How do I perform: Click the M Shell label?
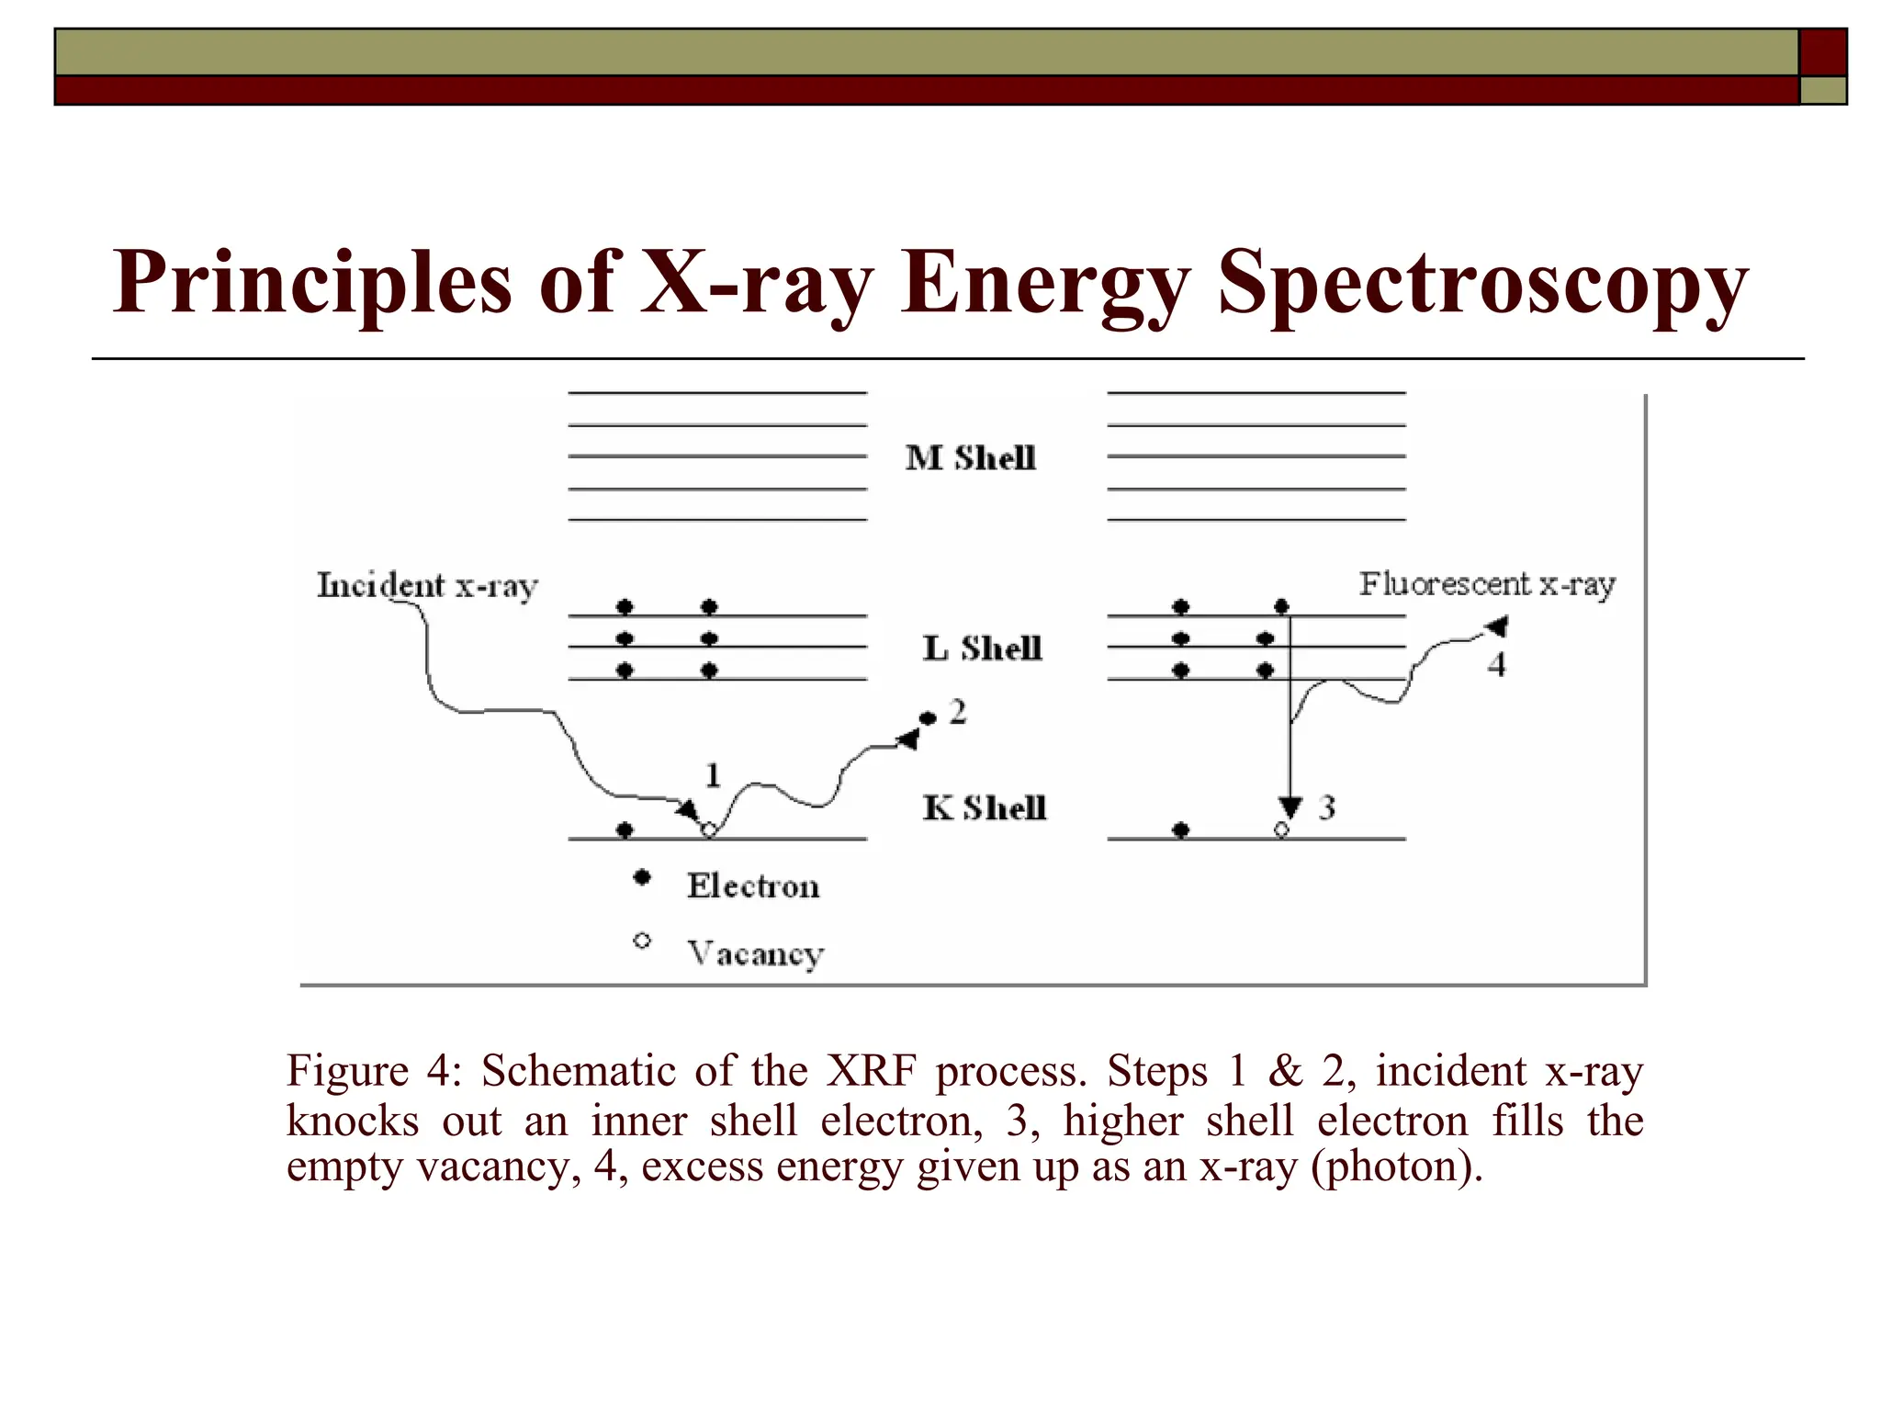970,457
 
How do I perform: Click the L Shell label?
982,648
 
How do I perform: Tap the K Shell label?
984,808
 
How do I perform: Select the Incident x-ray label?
427,585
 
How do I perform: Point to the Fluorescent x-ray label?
1486,584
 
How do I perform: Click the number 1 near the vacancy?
713,776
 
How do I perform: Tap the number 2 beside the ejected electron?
958,712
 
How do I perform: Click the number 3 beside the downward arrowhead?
1326,807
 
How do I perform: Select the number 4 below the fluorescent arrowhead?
1496,664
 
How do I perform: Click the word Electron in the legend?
753,886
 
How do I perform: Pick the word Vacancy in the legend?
755,954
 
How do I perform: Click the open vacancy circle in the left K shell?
708,830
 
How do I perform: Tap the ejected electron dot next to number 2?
928,718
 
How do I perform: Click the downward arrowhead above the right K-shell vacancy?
1290,807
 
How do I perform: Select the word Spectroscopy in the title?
1481,282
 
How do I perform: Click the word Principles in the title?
311,282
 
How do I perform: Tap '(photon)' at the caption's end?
1395,1167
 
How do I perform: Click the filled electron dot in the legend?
642,878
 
